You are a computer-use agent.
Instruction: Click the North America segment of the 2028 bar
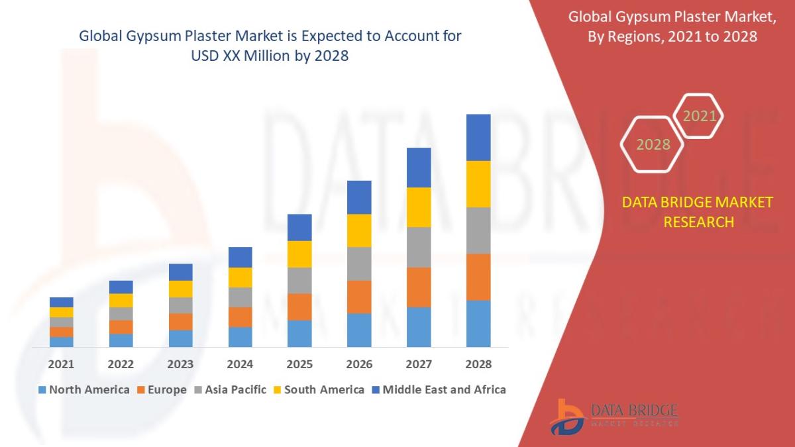coord(478,323)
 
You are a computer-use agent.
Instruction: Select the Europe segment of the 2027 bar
coord(419,287)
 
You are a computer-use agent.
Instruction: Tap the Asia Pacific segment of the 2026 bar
coord(359,264)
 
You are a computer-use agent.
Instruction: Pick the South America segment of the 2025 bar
coord(299,254)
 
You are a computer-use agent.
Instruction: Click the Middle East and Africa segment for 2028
coord(478,137)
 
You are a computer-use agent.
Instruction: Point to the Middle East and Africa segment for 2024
coord(240,257)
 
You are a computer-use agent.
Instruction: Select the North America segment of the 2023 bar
coord(181,338)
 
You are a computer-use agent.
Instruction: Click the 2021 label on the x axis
coord(61,364)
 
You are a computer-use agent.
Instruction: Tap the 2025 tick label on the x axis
coord(299,364)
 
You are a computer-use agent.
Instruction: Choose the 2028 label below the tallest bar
coord(478,364)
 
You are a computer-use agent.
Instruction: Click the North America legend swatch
coord(43,390)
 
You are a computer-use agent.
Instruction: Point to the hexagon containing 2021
coord(699,117)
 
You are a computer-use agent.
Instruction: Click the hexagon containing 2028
coord(653,144)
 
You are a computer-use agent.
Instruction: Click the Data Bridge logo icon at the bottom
coord(567,417)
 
